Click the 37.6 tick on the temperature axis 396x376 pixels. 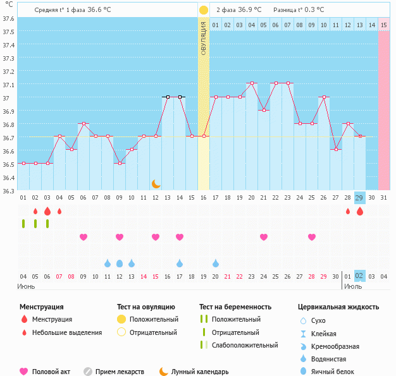point(9,18)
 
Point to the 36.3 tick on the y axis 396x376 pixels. point(9,191)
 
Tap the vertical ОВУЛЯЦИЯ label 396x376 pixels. point(204,38)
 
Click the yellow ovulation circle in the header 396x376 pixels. point(204,10)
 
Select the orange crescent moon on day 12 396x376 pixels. point(156,184)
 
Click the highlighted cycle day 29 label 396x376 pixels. point(359,198)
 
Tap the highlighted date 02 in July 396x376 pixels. point(359,276)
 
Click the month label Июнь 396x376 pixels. point(26,286)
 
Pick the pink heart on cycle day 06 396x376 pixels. point(83,237)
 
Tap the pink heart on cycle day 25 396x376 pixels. point(311,237)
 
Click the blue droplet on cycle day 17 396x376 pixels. point(180,263)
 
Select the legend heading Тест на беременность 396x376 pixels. point(235,306)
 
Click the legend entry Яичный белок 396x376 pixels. point(338,372)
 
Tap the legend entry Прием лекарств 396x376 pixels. point(120,372)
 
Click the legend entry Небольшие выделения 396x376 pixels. point(67,332)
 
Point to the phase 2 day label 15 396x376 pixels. point(384,25)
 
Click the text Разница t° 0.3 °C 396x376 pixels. point(299,10)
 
